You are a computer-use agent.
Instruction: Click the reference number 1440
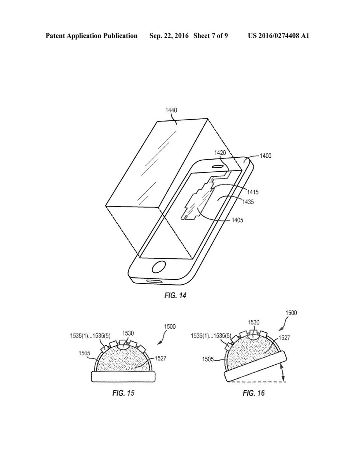point(171,110)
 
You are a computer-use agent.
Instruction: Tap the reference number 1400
point(266,156)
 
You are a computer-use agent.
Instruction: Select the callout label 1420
point(220,153)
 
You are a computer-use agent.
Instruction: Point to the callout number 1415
point(252,192)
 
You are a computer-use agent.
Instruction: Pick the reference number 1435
point(248,202)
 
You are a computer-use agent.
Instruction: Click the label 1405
point(237,220)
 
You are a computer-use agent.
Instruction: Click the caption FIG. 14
point(175,296)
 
